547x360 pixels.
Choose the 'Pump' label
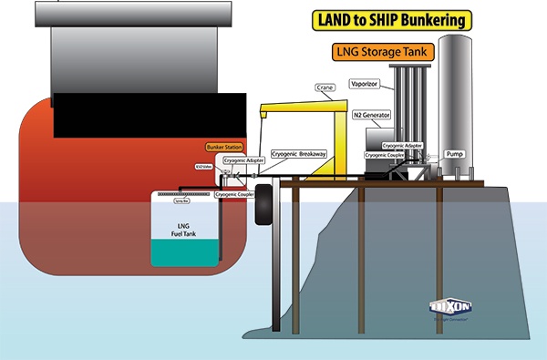click(456, 155)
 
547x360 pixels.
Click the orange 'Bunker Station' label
click(221, 147)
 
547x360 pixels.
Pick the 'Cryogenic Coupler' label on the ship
click(233, 194)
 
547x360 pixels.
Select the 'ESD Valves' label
click(203, 167)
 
